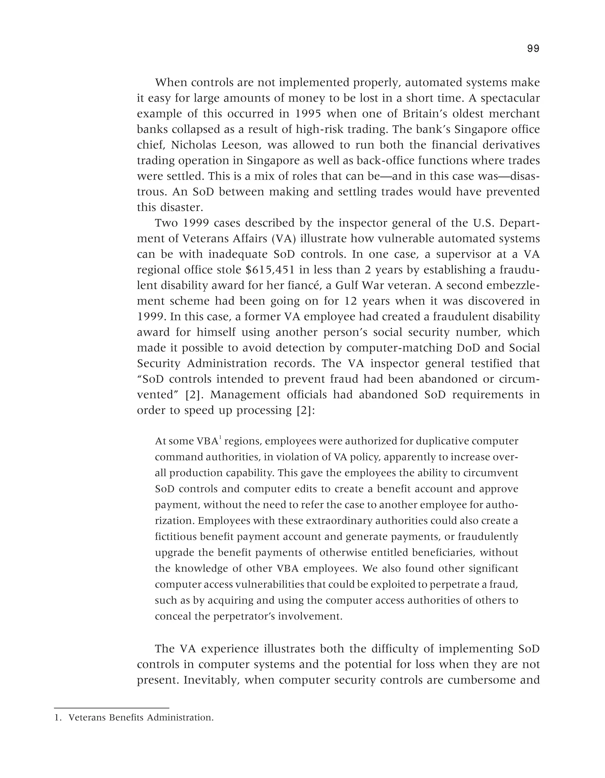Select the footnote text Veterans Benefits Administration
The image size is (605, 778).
coord(141,717)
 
